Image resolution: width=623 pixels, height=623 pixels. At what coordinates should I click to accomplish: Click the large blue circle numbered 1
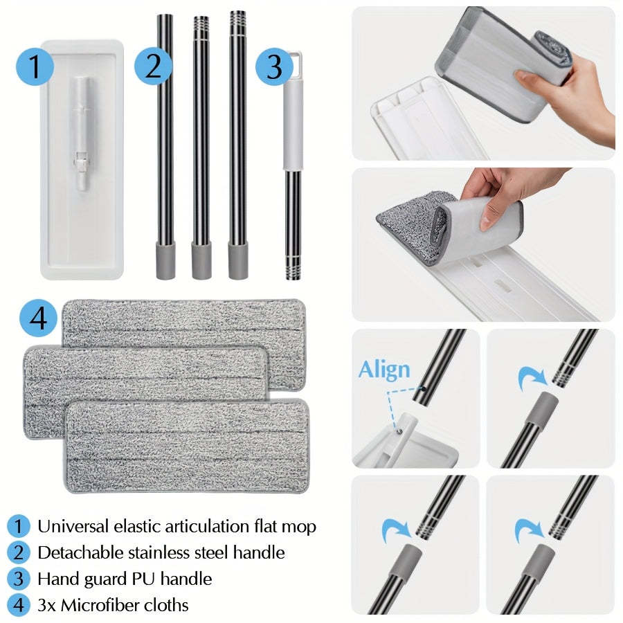[x=35, y=66]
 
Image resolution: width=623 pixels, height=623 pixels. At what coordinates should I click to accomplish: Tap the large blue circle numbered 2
[x=153, y=66]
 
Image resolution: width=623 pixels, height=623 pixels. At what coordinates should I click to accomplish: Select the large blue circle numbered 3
[x=273, y=66]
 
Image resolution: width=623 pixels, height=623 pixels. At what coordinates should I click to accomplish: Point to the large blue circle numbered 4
[x=38, y=318]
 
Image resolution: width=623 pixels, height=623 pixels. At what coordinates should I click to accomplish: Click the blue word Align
[x=383, y=370]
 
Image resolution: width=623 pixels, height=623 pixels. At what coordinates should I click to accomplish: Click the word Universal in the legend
[x=73, y=526]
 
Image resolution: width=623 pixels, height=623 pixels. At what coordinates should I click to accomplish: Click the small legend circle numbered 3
[x=18, y=579]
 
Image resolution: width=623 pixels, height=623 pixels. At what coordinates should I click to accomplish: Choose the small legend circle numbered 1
[x=18, y=526]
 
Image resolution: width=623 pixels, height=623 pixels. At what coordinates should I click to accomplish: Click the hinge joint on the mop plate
[x=81, y=162]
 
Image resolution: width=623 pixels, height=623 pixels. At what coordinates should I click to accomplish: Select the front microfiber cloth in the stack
[x=186, y=446]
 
